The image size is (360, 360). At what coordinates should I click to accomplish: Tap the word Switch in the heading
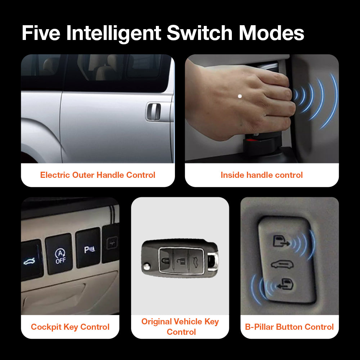pos(199,33)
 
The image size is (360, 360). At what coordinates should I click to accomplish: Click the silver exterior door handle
pos(153,112)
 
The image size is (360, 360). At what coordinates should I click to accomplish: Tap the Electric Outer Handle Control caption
pos(98,175)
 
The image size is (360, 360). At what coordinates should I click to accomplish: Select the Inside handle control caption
pos(262,175)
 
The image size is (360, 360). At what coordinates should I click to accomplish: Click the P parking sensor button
pos(88,250)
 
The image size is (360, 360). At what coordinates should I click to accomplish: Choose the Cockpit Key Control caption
pos(70,327)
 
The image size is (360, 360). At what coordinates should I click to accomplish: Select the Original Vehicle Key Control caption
pos(180,326)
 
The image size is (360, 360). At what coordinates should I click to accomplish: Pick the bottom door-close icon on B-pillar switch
pos(285,285)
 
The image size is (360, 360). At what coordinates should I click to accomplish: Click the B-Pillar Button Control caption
pos(289,327)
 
